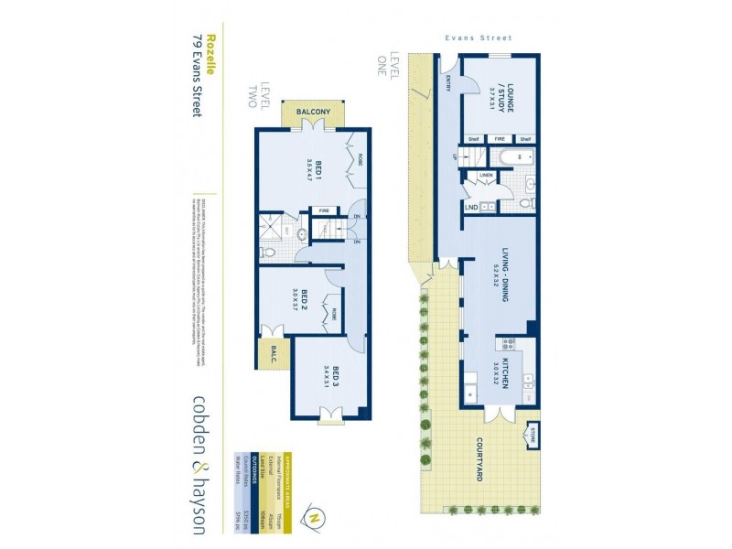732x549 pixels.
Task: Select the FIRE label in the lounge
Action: point(501,139)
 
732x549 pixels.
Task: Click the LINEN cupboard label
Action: point(486,175)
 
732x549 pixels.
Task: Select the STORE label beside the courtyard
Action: point(531,433)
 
